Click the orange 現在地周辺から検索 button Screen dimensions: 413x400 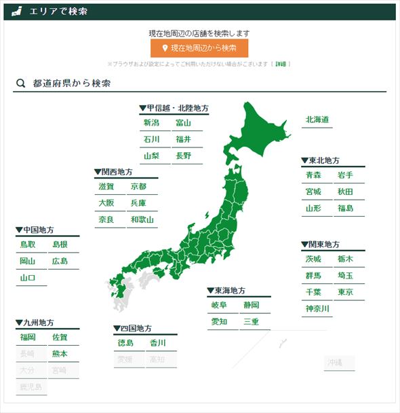click(199, 48)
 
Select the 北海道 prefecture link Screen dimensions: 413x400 click(317, 120)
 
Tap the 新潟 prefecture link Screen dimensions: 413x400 click(151, 123)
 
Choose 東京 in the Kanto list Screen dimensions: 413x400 click(345, 292)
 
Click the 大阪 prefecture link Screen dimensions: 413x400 click(106, 203)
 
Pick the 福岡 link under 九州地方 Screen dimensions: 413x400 click(28, 337)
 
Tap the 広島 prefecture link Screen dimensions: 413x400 click(60, 261)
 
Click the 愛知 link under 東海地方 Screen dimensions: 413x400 click(219, 321)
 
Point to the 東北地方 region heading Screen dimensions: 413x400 click(321, 161)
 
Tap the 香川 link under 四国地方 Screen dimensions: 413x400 click(158, 343)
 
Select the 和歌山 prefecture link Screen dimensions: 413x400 click(142, 219)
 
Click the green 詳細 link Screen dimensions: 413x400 click(281, 65)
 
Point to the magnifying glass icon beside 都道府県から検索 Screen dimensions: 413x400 click(21, 84)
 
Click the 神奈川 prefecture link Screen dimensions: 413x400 click(317, 308)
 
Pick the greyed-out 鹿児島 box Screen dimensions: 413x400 click(31, 387)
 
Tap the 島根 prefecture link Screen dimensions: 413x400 click(60, 245)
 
